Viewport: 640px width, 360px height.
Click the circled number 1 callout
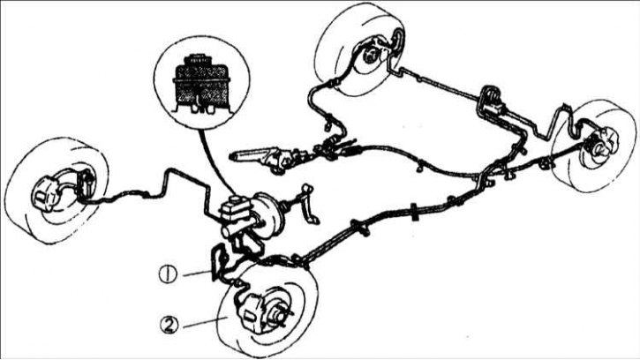tap(168, 274)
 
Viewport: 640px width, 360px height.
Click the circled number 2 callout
tap(169, 326)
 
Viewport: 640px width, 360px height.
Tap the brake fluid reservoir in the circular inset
tap(201, 85)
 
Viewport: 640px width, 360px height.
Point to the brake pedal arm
tap(309, 204)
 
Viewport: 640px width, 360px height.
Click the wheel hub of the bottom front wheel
tap(280, 317)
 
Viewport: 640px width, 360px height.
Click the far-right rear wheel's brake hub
tap(597, 148)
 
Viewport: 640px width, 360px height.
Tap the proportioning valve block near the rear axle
tap(492, 102)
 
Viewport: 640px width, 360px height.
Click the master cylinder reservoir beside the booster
tap(234, 207)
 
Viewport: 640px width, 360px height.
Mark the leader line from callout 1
tap(198, 274)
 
